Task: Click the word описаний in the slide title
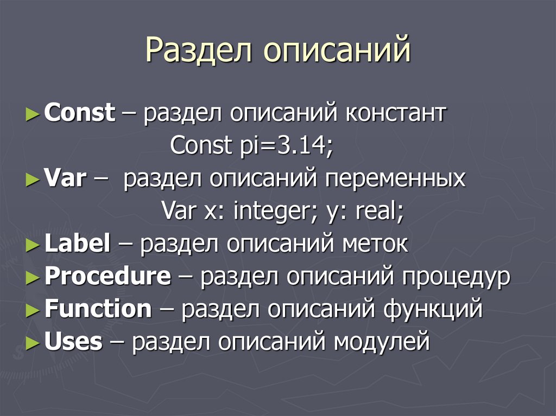click(337, 50)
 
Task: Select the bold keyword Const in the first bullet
click(80, 114)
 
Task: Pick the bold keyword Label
click(78, 244)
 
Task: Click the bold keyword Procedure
click(108, 277)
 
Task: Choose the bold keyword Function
click(98, 309)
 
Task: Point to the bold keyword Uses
click(73, 342)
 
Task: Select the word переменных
click(395, 179)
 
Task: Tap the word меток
click(375, 244)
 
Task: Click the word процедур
click(456, 278)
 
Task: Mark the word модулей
click(382, 343)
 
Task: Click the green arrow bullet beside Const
click(33, 114)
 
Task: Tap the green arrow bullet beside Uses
click(33, 342)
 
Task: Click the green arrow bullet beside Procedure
click(33, 277)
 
